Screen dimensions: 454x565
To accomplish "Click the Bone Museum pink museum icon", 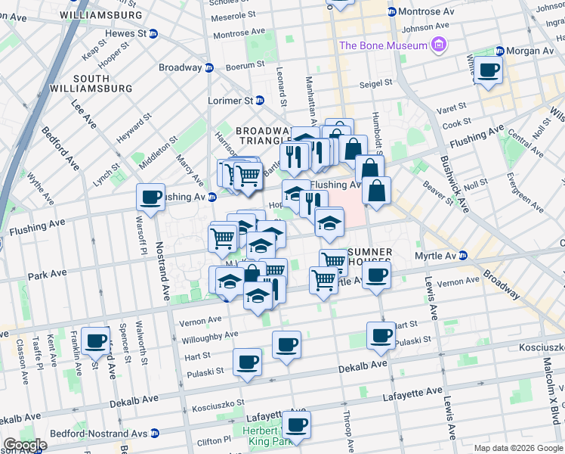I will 438,46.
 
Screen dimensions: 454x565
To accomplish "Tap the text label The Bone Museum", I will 384,46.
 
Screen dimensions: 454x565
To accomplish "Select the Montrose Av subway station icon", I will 391,11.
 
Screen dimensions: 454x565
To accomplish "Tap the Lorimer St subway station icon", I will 259,100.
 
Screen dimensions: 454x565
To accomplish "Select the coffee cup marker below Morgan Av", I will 488,71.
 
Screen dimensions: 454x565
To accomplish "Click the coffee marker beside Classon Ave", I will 95,341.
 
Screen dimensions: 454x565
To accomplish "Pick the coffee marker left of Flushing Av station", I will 151,197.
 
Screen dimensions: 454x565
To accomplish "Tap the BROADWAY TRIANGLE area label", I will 261,135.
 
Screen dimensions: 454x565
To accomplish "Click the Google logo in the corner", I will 25,445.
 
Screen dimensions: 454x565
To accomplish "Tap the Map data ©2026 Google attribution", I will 517,448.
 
